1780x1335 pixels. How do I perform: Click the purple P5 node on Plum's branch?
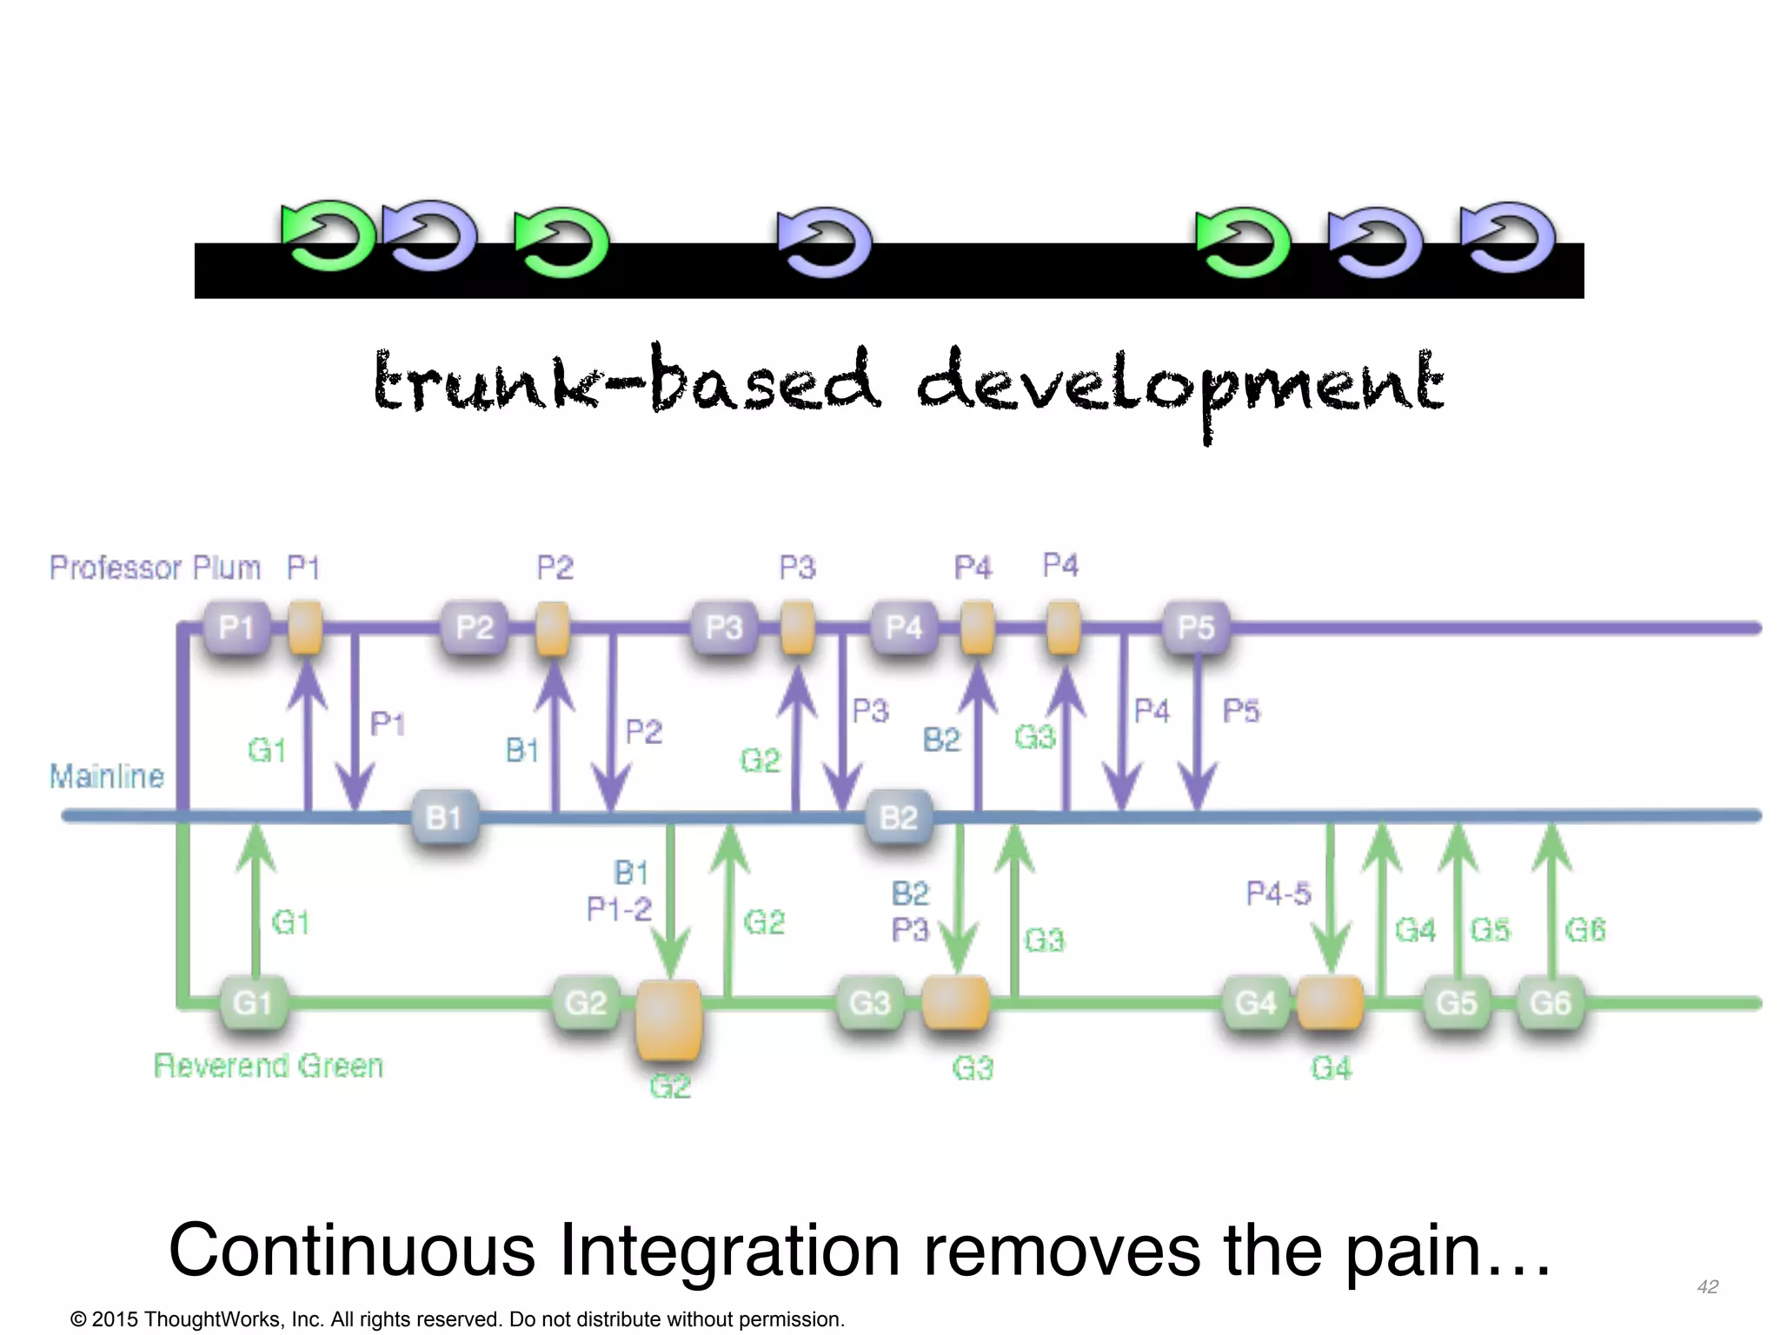tap(1196, 628)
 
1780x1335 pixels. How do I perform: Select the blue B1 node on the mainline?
tap(444, 817)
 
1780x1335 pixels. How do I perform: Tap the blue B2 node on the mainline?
tap(899, 817)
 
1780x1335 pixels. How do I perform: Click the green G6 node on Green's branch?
tap(1550, 1003)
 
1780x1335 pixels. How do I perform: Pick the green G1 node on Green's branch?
tap(253, 1003)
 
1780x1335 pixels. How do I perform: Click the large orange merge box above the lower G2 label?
tap(668, 1020)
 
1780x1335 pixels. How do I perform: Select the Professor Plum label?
tap(155, 568)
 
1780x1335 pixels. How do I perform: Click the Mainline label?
tap(106, 775)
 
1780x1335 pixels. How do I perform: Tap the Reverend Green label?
tap(268, 1066)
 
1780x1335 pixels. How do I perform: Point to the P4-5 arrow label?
tap(1278, 893)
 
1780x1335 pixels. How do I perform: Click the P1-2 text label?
tap(619, 909)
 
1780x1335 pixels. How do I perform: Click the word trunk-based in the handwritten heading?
tap(626, 382)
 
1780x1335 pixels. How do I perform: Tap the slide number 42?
tap(1707, 1286)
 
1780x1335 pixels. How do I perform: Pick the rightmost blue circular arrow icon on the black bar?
tap(1508, 236)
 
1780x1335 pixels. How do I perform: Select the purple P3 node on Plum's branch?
tap(724, 628)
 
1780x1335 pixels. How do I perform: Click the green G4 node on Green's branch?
tap(1255, 1003)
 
